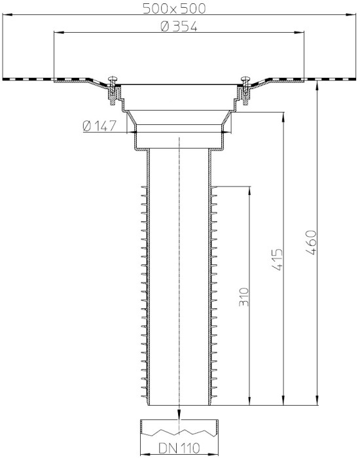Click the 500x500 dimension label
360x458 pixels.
tap(174, 9)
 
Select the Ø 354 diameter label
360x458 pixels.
tap(179, 27)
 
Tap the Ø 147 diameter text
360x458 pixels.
tap(99, 126)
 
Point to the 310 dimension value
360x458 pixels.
tap(243, 297)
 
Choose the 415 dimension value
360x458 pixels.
tap(278, 259)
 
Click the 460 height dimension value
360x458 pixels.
tap(311, 243)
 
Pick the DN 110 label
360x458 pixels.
tap(179, 448)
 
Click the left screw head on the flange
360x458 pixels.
tap(113, 79)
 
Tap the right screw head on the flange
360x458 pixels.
tap(245, 79)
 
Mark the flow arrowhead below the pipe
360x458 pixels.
tap(179, 415)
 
